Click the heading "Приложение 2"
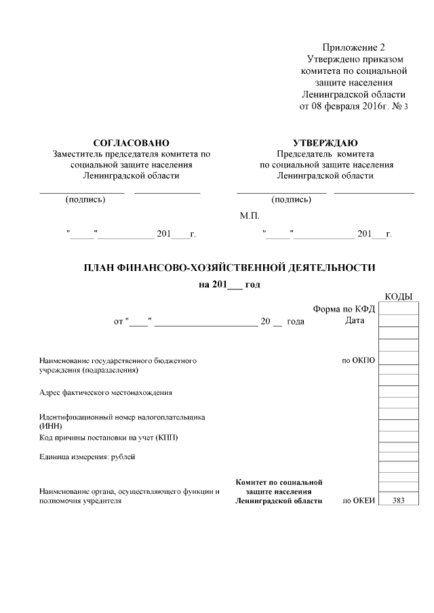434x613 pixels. (353, 47)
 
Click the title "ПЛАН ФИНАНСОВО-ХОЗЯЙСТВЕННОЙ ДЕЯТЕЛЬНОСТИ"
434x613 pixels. (229, 268)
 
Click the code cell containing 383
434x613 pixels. (398, 501)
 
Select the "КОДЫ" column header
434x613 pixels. (398, 297)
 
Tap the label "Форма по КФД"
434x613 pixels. (344, 309)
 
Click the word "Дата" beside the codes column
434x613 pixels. (355, 320)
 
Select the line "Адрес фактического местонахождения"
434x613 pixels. (106, 392)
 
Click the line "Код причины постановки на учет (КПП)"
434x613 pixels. (108, 438)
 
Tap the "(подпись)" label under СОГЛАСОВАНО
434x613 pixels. (85, 200)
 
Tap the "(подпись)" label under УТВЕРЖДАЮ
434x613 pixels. (291, 200)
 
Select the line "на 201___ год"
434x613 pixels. (229, 284)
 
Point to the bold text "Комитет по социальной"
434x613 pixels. (279, 482)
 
